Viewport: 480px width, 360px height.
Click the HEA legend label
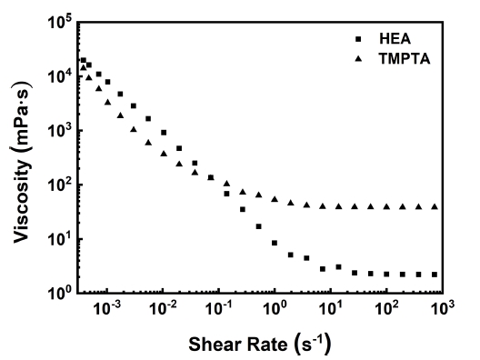coord(395,38)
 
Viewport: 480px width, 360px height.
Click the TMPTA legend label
coord(405,58)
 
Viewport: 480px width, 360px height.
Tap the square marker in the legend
coord(358,39)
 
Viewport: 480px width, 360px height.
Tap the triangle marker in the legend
coord(358,58)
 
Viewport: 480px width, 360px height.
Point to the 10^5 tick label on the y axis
coord(60,22)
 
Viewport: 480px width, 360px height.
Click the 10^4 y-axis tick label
coord(60,76)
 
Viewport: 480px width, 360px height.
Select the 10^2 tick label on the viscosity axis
coord(60,185)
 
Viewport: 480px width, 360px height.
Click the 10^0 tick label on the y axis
coord(60,293)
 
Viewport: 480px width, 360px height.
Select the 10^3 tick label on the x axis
coord(443,308)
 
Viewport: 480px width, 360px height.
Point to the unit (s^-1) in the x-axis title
coord(313,343)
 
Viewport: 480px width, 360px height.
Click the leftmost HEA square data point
coord(84,60)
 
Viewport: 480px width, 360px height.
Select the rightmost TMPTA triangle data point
coord(435,206)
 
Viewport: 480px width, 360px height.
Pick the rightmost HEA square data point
coord(435,275)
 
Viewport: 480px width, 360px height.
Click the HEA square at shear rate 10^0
coord(275,243)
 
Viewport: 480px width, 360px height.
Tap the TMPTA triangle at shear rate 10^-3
coord(107,102)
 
